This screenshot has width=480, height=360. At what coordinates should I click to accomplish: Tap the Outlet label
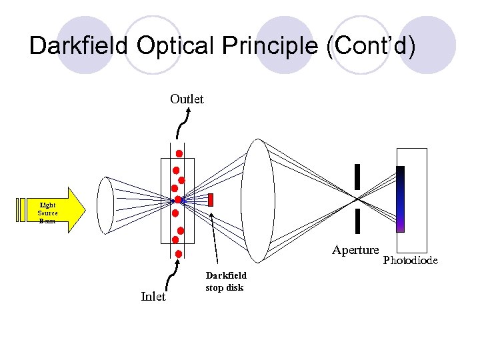[x=187, y=99]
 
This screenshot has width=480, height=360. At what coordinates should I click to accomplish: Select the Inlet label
[x=153, y=297]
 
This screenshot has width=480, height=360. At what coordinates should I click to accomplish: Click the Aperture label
[x=355, y=250]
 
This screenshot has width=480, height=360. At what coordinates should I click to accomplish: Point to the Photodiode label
[x=410, y=260]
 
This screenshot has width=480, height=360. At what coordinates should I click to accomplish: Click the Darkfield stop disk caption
[x=225, y=281]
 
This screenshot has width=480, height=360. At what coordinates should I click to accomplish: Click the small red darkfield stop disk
[x=211, y=199]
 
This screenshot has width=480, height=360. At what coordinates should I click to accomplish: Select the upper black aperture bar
[x=357, y=176]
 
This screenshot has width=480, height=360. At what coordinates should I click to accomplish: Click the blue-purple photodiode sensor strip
[x=400, y=199]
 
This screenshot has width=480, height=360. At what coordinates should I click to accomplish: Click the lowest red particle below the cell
[x=179, y=253]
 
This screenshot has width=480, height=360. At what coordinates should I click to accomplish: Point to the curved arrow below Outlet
[x=185, y=123]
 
